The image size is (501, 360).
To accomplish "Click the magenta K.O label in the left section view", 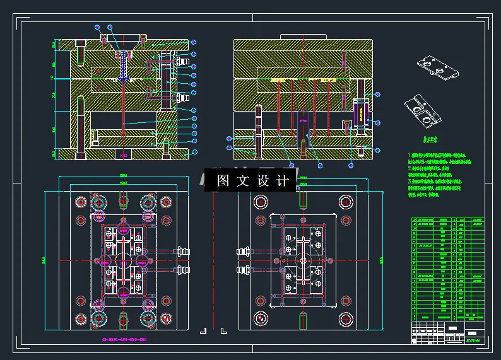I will pos(123,154).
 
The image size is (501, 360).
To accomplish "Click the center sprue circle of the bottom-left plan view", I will pos(122,260).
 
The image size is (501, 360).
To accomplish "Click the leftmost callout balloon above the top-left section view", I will pos(97,27).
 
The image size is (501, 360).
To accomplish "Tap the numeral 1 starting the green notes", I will pos(410,155).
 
